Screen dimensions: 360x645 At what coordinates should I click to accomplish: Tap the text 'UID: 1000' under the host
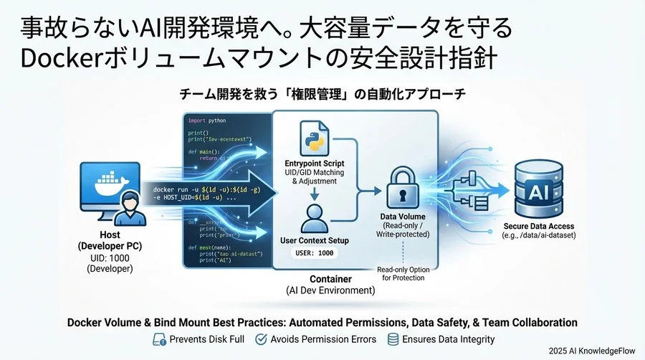click(x=109, y=257)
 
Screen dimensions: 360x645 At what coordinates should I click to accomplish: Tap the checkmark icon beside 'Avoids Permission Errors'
click(x=261, y=339)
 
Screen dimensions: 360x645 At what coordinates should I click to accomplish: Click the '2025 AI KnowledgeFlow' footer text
click(x=593, y=351)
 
